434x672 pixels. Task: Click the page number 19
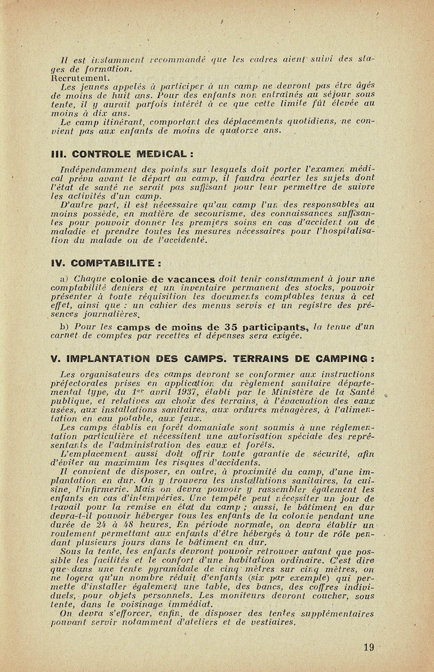[368, 647]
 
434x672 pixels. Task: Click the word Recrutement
[81, 78]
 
